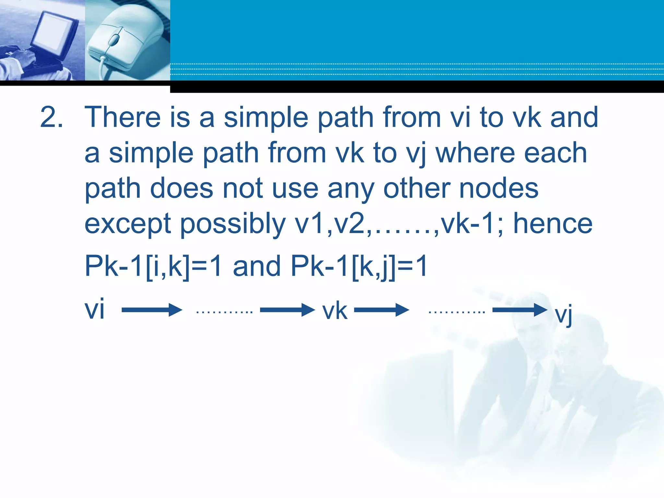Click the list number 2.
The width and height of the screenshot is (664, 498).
51,117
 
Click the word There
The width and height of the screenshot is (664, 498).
123,117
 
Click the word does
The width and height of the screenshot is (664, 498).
182,188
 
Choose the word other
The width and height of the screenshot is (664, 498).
417,188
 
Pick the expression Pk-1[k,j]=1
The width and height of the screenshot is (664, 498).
359,266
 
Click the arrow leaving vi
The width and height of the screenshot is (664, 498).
152,310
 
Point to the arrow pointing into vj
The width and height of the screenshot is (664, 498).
520,310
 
